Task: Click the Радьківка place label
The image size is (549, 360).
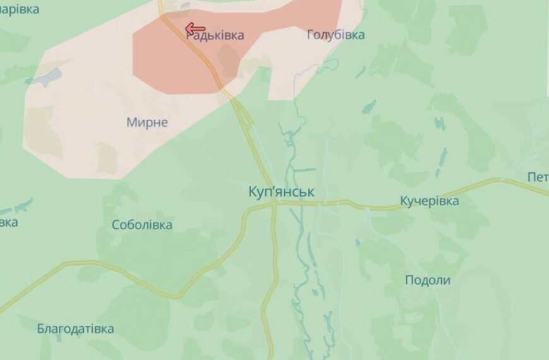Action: tap(215, 36)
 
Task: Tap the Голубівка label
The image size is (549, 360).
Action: tap(335, 35)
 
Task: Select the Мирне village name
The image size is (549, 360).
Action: tap(147, 122)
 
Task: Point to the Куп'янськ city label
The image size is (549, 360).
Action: tap(281, 192)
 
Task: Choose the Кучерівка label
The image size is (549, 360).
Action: tap(429, 201)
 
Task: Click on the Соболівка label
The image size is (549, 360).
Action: tap(142, 225)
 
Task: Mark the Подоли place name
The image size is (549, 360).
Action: tap(427, 280)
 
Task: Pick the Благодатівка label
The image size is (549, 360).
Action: tap(76, 328)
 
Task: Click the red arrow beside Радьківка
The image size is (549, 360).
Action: tap(195, 28)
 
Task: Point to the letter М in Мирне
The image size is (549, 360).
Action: tap(131, 122)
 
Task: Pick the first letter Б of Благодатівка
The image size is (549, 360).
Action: tap(41, 328)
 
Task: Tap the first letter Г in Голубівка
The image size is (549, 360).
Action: tap(310, 35)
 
